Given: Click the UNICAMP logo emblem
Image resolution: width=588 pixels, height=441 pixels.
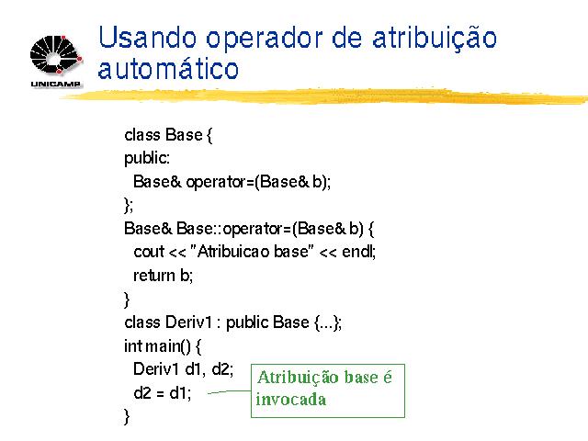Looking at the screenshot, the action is [56, 55].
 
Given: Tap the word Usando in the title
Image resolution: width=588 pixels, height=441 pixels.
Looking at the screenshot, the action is [147, 38].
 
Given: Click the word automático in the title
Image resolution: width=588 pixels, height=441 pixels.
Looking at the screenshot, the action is [168, 68].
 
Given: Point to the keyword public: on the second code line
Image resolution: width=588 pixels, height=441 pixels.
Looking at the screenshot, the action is [147, 158].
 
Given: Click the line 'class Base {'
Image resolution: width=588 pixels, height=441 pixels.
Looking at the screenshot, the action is [168, 135].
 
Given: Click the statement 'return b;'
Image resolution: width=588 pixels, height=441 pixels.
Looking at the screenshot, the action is [164, 276].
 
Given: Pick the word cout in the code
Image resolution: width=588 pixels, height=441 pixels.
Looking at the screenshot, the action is [149, 252].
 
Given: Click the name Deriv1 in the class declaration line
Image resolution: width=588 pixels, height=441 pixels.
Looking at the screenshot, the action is [188, 322].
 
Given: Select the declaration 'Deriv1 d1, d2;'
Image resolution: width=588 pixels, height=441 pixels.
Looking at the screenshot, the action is [184, 369].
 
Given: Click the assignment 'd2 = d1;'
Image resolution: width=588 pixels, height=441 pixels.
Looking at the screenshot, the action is [163, 392].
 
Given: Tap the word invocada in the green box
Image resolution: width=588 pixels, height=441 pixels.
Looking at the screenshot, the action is [291, 399].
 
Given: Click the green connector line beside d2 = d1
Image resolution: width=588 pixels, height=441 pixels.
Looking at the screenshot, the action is [229, 392].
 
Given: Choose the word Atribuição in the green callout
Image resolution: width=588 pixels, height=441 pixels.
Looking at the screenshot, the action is [298, 378].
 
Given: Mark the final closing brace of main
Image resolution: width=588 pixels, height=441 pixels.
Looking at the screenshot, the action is [127, 416].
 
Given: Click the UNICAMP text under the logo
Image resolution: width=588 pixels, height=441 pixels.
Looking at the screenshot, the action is [55, 84].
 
